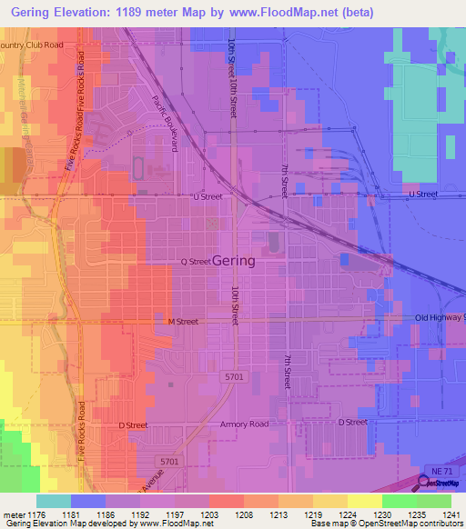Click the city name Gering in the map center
pyautogui.click(x=234, y=260)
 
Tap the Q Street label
pyautogui.click(x=196, y=262)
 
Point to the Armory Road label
pyautogui.click(x=244, y=424)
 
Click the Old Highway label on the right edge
pyautogui.click(x=440, y=317)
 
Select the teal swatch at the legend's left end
pyautogui.click(x=54, y=501)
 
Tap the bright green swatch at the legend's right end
pyautogui.click(x=433, y=501)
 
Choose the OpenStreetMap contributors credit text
pyautogui.click(x=402, y=524)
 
